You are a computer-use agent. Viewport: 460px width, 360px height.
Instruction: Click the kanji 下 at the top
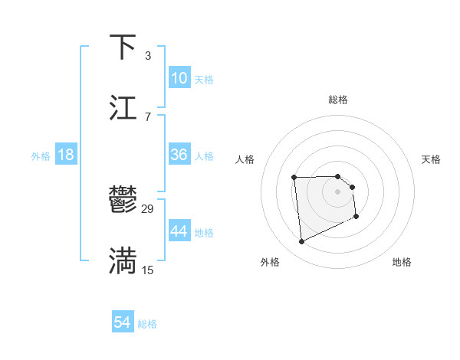(x=123, y=47)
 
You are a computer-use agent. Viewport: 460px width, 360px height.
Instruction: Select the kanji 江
(x=123, y=107)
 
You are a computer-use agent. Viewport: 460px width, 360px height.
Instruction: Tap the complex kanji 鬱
(x=123, y=201)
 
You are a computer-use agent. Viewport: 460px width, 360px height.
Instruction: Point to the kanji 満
(x=123, y=260)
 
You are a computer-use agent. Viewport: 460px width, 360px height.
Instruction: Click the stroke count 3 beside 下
(x=147, y=56)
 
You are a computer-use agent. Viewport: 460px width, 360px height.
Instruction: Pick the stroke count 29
(x=148, y=209)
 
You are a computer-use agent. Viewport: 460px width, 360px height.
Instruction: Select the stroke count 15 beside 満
(x=148, y=270)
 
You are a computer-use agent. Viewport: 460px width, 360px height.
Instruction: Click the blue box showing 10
(x=179, y=78)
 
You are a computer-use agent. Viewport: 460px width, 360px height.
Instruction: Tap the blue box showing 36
(x=179, y=155)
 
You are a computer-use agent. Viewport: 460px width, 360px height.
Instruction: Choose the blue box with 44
(x=179, y=231)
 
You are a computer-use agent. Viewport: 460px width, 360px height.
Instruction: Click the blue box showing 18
(x=66, y=155)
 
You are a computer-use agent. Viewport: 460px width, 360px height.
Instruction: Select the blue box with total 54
(x=123, y=322)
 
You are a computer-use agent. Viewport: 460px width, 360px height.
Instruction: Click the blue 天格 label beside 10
(x=204, y=80)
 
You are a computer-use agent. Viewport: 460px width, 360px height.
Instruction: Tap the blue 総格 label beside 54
(x=147, y=324)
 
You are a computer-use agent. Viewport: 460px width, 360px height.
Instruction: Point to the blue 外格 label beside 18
(x=41, y=156)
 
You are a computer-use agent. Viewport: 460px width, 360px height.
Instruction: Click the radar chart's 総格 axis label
(x=337, y=100)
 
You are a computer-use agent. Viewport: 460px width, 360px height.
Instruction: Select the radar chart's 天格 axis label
(x=432, y=159)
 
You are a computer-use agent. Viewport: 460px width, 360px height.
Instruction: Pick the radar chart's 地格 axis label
(x=402, y=262)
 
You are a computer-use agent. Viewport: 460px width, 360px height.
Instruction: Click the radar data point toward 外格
(x=301, y=242)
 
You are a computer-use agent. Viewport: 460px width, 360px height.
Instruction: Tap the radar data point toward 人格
(x=294, y=178)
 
